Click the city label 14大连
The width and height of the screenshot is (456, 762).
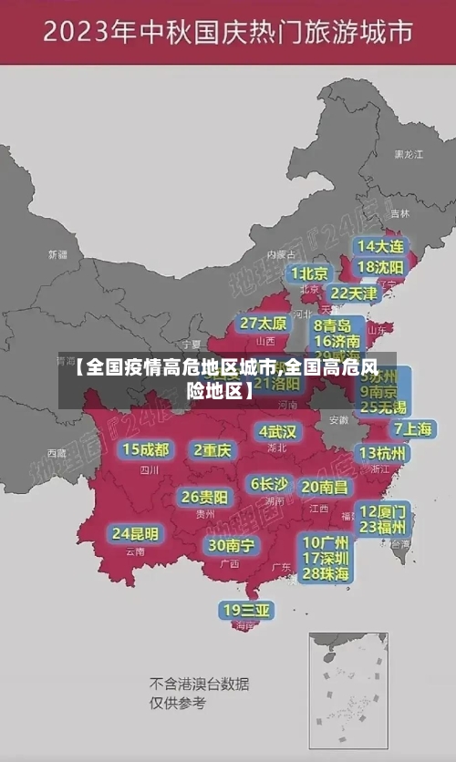pyautogui.click(x=380, y=246)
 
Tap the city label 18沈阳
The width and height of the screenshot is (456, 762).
pyautogui.click(x=380, y=266)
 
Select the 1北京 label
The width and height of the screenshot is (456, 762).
pyautogui.click(x=309, y=273)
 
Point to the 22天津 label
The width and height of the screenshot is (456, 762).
pyautogui.click(x=353, y=293)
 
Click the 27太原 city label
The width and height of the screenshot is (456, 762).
pyautogui.click(x=264, y=323)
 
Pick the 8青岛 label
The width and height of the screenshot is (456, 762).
pyautogui.click(x=333, y=324)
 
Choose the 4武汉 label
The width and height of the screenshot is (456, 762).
pyautogui.click(x=277, y=430)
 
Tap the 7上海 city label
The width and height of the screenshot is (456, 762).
pyautogui.click(x=412, y=428)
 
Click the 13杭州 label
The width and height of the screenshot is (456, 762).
pyautogui.click(x=383, y=453)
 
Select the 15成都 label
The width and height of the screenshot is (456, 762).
pyautogui.click(x=146, y=448)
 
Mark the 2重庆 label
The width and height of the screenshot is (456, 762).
pyautogui.click(x=213, y=449)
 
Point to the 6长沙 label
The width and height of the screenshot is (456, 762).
pyautogui.click(x=269, y=484)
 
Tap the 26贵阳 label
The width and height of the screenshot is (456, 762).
pyautogui.click(x=204, y=497)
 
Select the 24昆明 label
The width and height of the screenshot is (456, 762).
pyautogui.click(x=135, y=532)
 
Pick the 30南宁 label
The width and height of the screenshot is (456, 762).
pyautogui.click(x=231, y=545)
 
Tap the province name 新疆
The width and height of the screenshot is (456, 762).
pyautogui.click(x=57, y=253)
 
